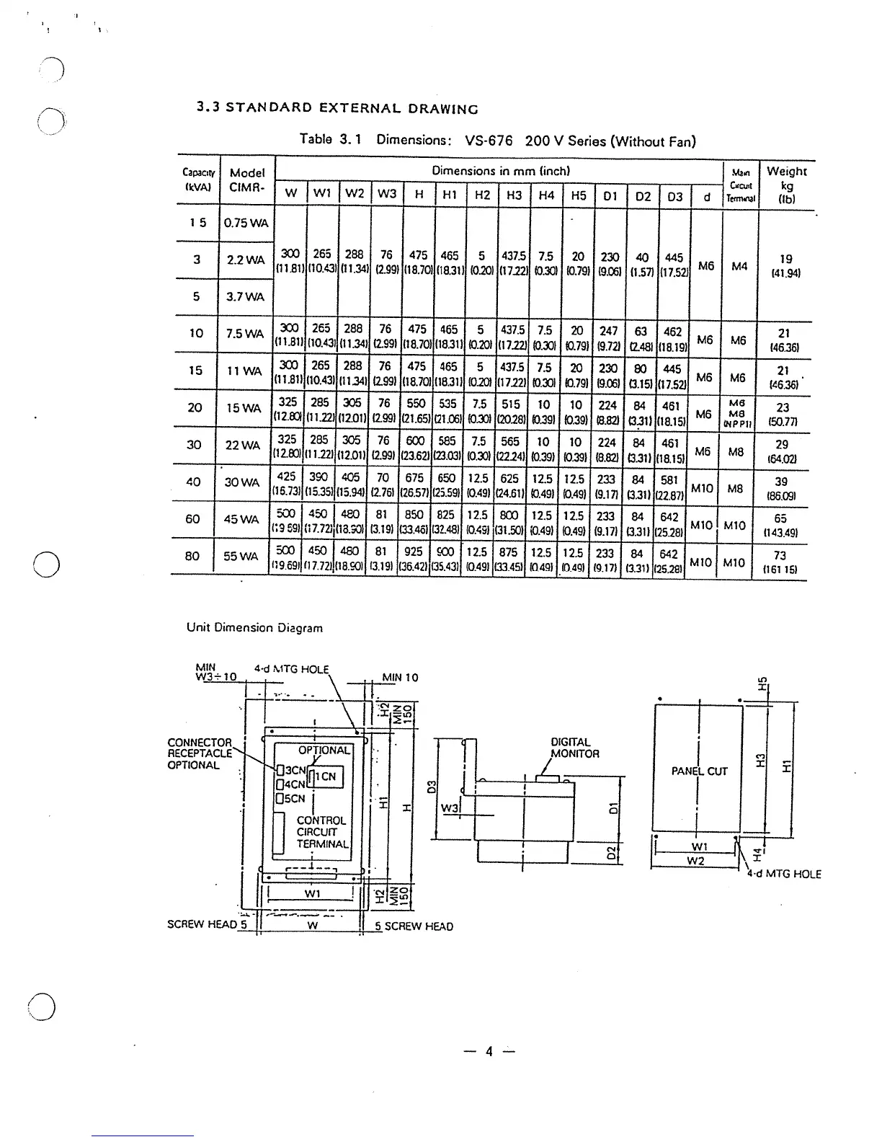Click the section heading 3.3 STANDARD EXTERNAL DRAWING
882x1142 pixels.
click(x=337, y=109)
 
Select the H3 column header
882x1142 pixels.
click(x=514, y=195)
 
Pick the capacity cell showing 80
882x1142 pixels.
click(x=193, y=556)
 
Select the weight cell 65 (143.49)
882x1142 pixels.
click(x=781, y=525)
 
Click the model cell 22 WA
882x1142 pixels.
click(x=243, y=446)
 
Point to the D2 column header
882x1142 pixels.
click(x=643, y=195)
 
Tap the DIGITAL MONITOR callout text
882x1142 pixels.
click(x=574, y=748)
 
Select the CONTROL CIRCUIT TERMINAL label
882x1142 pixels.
click(x=321, y=832)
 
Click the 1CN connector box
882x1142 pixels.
click(x=326, y=776)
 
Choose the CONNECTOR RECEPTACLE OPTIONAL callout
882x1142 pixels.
click(x=199, y=753)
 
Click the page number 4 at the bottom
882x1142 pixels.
click(x=489, y=1051)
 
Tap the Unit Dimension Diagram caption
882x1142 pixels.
click(x=254, y=627)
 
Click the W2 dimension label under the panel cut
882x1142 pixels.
click(x=695, y=861)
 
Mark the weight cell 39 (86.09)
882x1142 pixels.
click(x=781, y=488)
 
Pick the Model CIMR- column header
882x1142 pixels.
click(x=246, y=180)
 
